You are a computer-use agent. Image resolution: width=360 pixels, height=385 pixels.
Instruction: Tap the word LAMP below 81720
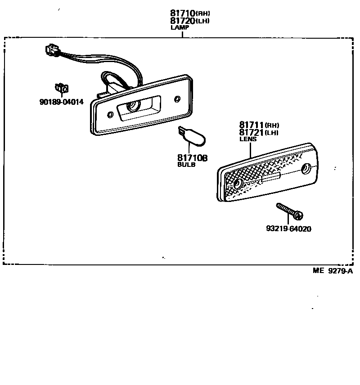[x=180, y=27]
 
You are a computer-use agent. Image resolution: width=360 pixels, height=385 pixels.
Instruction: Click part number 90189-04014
[x=62, y=102]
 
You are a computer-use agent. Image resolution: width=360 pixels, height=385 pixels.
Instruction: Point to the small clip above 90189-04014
[x=61, y=88]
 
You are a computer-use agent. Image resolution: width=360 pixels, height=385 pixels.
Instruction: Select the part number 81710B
[x=192, y=158]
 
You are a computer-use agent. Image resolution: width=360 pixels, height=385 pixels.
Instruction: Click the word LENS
[x=248, y=139]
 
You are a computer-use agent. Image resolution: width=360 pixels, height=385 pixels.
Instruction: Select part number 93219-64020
[x=288, y=229]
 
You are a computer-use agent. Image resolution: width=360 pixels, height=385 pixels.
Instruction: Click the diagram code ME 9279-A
[x=333, y=271]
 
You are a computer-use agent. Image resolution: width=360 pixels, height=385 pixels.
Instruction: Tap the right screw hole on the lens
[x=306, y=169]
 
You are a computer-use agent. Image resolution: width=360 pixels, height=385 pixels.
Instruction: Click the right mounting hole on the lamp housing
[x=178, y=98]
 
